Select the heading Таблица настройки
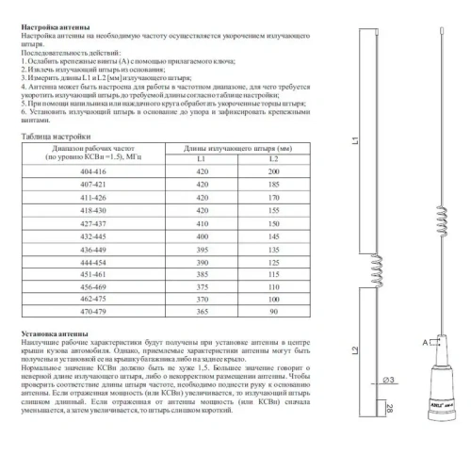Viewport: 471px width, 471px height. tap(57, 138)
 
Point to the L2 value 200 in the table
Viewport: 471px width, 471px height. tap(272, 176)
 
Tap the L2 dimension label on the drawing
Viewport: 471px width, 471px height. tap(348, 352)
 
